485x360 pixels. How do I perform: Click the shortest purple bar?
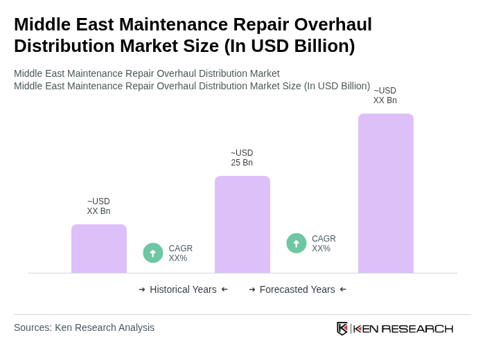click(99, 249)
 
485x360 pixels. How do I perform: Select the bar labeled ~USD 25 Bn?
click(242, 224)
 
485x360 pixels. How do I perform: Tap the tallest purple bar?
click(386, 193)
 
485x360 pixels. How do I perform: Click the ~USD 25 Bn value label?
click(242, 158)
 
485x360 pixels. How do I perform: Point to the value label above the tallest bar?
click(385, 96)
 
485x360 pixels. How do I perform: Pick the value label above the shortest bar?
click(98, 206)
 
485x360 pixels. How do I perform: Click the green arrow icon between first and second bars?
click(153, 253)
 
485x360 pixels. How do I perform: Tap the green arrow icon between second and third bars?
click(297, 243)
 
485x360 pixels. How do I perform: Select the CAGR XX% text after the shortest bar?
click(180, 253)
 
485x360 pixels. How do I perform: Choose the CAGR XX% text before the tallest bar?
click(324, 244)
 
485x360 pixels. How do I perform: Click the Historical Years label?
click(183, 289)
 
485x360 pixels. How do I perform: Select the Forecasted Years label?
click(297, 289)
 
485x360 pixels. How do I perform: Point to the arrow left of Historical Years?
click(142, 289)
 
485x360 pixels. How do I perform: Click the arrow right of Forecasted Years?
click(343, 289)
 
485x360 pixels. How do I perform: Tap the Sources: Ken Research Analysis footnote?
click(84, 327)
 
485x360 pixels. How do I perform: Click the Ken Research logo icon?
click(342, 328)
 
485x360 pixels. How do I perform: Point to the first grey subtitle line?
click(147, 73)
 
